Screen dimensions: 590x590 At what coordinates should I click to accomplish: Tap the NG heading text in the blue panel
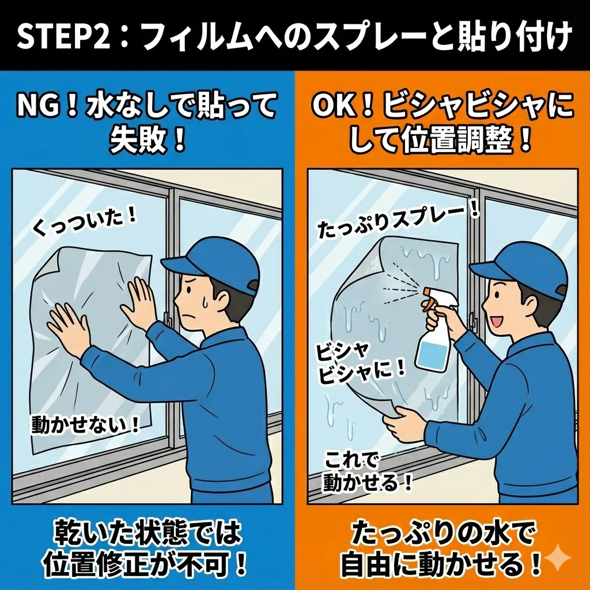[147, 123]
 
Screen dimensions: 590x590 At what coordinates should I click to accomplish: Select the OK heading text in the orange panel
[443, 123]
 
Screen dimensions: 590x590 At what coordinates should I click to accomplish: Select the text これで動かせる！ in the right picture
[367, 472]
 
